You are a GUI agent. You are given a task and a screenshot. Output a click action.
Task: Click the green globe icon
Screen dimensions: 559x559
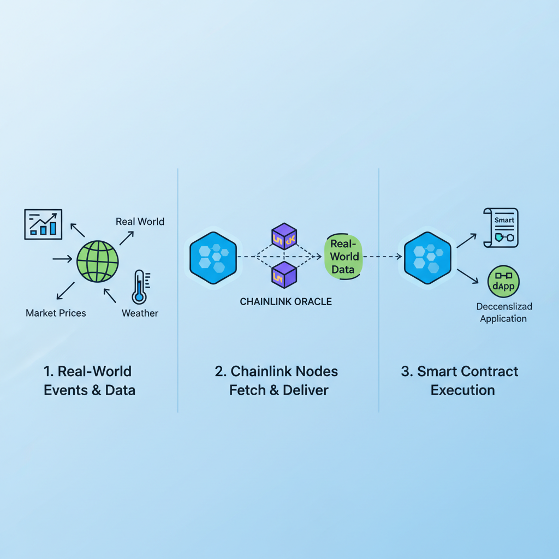click(98, 261)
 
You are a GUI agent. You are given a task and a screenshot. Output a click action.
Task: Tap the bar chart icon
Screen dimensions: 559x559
click(43, 224)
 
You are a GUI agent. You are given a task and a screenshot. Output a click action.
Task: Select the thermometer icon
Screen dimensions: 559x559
click(139, 287)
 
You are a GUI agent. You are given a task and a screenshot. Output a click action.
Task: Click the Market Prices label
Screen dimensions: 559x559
click(56, 313)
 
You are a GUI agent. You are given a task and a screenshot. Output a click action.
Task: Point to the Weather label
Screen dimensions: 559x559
click(140, 313)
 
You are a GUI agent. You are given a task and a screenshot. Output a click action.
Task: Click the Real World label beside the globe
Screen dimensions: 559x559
click(140, 222)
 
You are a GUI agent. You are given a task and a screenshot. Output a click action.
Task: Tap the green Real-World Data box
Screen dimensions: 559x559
click(343, 256)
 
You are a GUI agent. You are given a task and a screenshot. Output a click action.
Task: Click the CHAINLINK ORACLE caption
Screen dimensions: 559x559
click(286, 301)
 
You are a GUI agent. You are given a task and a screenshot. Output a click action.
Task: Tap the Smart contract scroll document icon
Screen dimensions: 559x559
click(501, 227)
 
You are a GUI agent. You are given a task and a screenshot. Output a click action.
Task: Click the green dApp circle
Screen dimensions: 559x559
click(503, 282)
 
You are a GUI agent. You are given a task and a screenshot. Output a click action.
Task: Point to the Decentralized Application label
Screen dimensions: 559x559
click(503, 313)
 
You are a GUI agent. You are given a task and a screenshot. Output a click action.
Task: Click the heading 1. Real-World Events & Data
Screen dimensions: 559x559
click(89, 380)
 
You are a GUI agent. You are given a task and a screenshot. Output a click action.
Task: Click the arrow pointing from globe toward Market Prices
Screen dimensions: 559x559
click(66, 290)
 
